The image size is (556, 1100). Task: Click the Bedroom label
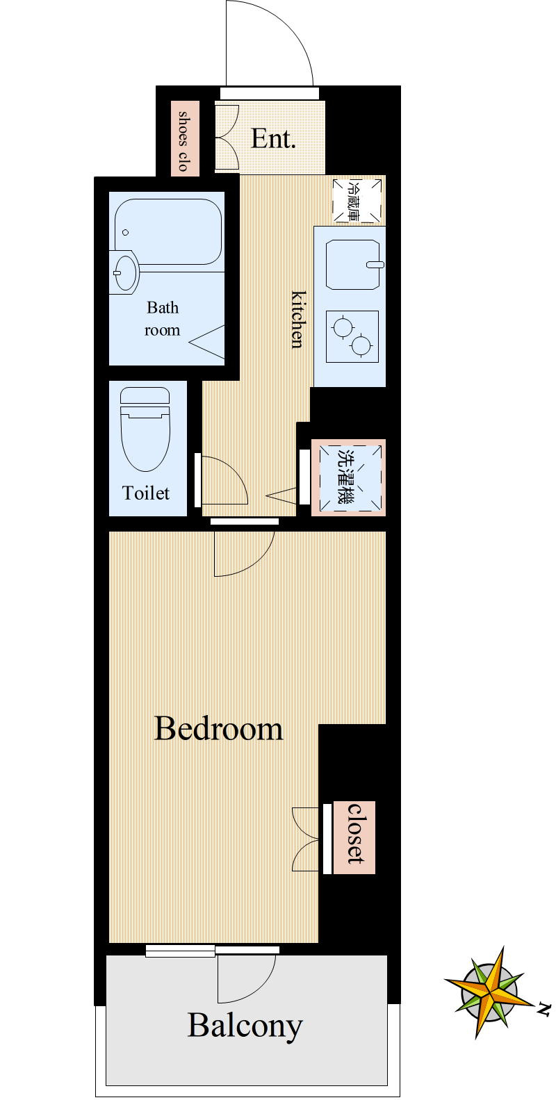tap(218, 729)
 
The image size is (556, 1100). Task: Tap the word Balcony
tap(245, 1027)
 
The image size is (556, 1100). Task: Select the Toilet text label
tap(145, 493)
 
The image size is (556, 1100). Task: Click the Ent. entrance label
tap(274, 139)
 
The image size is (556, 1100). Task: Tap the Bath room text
tap(162, 319)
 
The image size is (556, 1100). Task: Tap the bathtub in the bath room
tap(168, 232)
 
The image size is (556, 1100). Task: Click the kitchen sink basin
tap(353, 265)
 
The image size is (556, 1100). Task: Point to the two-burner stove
tap(352, 336)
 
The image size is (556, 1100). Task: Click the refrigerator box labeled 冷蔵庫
tap(357, 200)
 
